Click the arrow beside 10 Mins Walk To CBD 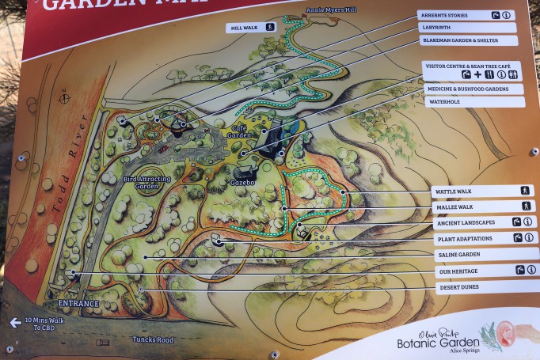15,323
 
